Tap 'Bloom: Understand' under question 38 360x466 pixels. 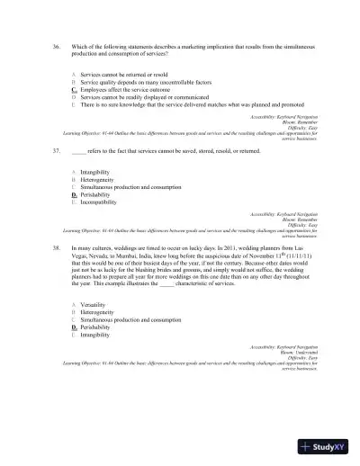coord(326,350)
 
